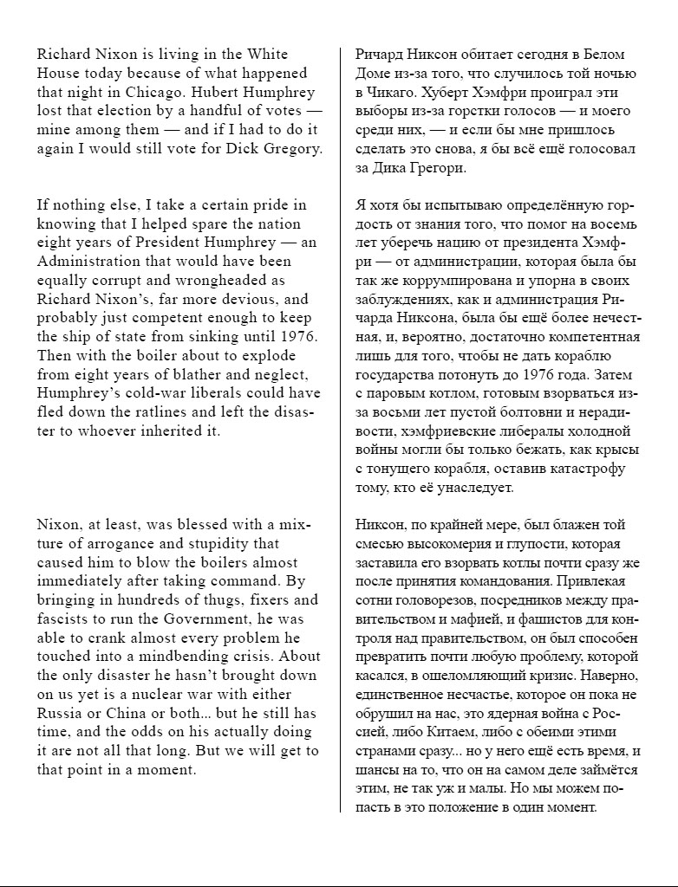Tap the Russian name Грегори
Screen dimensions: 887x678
tap(440, 169)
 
